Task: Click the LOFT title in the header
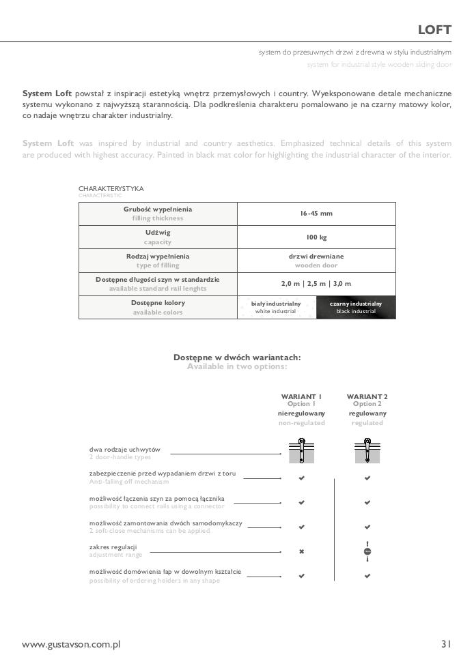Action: coord(434,30)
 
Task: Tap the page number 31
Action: coord(446,643)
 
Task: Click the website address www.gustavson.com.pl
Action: coord(71,644)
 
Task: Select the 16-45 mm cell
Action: coord(316,214)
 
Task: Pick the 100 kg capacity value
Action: coord(316,237)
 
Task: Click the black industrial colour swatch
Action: coord(356,308)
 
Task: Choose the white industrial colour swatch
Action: coord(276,308)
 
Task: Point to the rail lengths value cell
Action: coord(316,284)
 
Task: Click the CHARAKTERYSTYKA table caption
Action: coord(111,189)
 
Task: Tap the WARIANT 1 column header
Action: coord(301,396)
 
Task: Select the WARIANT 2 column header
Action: coord(367,396)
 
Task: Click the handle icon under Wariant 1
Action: coord(301,450)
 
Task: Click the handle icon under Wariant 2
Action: coord(367,450)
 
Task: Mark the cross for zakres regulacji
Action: coord(301,551)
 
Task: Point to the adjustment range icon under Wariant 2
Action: coord(367,551)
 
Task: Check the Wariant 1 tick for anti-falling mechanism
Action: coord(301,478)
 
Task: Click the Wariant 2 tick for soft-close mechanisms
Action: coord(367,527)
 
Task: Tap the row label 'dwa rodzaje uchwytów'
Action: coord(125,450)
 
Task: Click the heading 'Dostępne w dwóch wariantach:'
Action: coord(237,358)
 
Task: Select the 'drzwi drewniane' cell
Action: coord(316,257)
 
